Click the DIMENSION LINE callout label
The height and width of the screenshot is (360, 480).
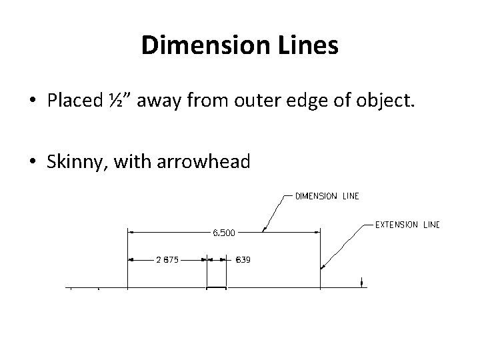click(327, 196)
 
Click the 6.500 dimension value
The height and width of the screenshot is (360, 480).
click(224, 233)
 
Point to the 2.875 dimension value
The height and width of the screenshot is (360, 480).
click(167, 260)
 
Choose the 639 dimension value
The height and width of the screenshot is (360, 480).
click(243, 260)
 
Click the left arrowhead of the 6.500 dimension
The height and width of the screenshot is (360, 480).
click(131, 232)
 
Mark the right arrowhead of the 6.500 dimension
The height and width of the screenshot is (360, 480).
click(317, 232)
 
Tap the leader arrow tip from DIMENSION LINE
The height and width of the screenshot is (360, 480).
click(263, 231)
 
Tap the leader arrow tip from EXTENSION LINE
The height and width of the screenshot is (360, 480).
click(322, 269)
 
